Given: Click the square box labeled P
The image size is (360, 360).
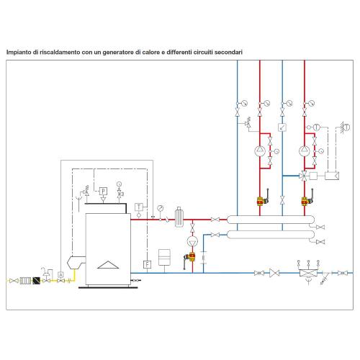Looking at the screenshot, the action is point(103,192).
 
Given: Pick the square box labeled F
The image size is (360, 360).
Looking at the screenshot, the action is point(147,264).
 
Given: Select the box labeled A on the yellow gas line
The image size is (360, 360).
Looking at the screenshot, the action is point(60,274).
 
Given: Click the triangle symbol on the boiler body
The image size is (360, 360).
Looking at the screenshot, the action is point(108,265).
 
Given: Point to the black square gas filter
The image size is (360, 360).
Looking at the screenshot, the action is point(37,280).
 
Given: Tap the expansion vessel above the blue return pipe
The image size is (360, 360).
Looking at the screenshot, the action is point(164,257).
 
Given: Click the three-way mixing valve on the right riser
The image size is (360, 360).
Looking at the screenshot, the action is point(304,176).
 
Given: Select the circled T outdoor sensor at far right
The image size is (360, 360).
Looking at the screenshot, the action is point(347,127).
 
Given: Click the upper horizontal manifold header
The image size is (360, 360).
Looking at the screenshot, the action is point(271,220).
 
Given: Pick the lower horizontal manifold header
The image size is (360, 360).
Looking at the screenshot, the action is point(271,235).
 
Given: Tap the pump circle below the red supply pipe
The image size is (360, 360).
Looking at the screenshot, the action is point(192,241).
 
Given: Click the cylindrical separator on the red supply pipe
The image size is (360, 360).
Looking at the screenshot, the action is point(179,217).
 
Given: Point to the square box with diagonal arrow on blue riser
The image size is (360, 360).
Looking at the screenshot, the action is point(282,127).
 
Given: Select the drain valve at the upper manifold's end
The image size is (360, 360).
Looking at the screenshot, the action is point(320,227).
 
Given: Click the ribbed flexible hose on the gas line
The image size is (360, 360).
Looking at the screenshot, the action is point(25,280).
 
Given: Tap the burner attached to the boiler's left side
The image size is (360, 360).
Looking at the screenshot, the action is point(76,263).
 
